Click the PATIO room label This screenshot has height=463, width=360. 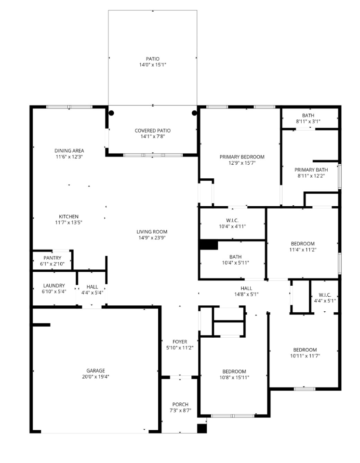click(153, 59)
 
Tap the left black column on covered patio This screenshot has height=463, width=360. click(111, 113)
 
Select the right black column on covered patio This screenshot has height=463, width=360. click(194, 113)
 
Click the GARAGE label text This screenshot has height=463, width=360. click(96, 370)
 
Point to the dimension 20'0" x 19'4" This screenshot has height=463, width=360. click(96, 376)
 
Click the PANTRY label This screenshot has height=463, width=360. click(52, 258)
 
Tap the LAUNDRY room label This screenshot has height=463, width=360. click(54, 286)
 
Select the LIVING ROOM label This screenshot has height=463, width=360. click(152, 232)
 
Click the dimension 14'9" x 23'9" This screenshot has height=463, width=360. click(152, 238)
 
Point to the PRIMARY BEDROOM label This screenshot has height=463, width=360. click(242, 157)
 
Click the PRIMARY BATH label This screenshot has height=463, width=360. click(311, 170)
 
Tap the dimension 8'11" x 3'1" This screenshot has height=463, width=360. click(308, 121)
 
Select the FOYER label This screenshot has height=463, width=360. click(180, 342)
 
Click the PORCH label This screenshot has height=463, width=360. click(180, 404)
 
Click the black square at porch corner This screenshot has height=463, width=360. click(202, 428)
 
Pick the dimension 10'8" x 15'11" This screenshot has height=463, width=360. click(235, 377)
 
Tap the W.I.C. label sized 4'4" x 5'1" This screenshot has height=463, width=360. click(325, 295)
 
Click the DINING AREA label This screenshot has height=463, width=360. click(69, 151)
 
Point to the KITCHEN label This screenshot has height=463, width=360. click(68, 216)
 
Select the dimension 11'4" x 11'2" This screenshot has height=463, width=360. click(303, 250)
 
